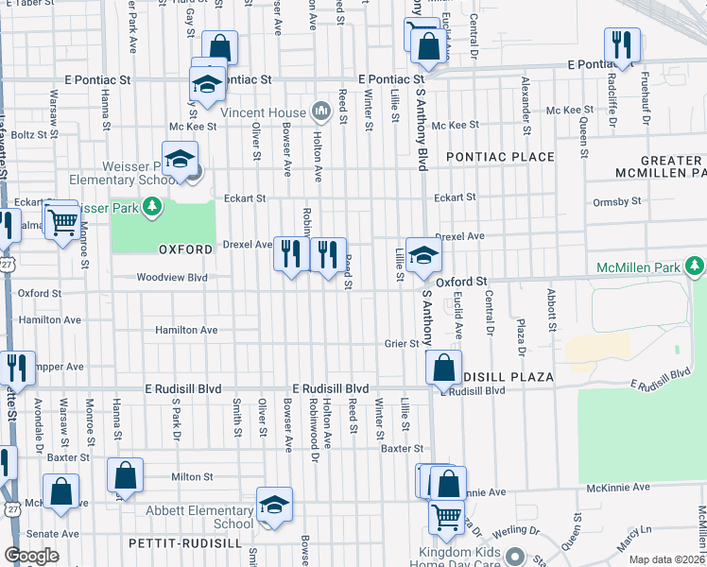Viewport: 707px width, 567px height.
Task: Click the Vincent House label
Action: (263, 112)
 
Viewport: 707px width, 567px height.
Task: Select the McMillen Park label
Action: (638, 268)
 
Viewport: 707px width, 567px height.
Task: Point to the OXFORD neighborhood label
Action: (185, 249)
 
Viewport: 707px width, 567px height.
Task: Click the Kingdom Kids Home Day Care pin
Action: (514, 556)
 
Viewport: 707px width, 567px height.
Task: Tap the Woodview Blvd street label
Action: (171, 278)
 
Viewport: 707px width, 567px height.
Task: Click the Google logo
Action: (31, 555)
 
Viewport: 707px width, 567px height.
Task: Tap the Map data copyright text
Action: (666, 559)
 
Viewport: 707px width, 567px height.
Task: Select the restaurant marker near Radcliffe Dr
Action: (622, 45)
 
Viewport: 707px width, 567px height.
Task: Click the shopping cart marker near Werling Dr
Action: (445, 515)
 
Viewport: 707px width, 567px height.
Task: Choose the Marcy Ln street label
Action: (627, 546)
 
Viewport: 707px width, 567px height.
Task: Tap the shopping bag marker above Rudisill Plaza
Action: (443, 367)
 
